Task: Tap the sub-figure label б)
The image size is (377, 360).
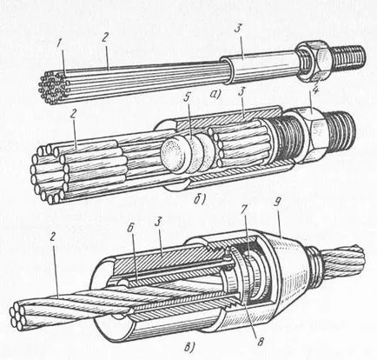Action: click(200, 200)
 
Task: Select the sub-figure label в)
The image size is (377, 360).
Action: click(189, 347)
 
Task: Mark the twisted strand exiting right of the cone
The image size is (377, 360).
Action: click(341, 264)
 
